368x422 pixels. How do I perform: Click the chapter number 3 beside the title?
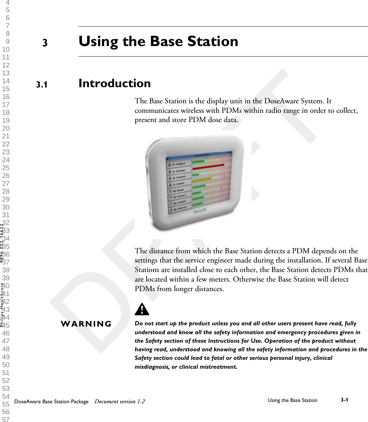(x=45, y=43)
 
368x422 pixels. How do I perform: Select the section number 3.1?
(x=42, y=85)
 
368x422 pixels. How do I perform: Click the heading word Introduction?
(x=115, y=83)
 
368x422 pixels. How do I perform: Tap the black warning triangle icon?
(x=142, y=309)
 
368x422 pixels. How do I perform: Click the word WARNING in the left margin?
(x=86, y=324)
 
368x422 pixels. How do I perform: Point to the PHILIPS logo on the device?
(x=200, y=211)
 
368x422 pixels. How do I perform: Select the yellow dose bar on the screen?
(x=201, y=180)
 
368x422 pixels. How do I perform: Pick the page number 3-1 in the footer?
(x=344, y=400)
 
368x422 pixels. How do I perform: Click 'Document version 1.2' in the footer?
(x=119, y=401)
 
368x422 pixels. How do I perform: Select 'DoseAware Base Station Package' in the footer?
(x=51, y=401)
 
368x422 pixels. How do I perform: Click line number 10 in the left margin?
(x=6, y=50)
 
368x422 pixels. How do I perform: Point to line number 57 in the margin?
(x=6, y=419)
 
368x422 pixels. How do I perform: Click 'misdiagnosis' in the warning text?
(x=152, y=367)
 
